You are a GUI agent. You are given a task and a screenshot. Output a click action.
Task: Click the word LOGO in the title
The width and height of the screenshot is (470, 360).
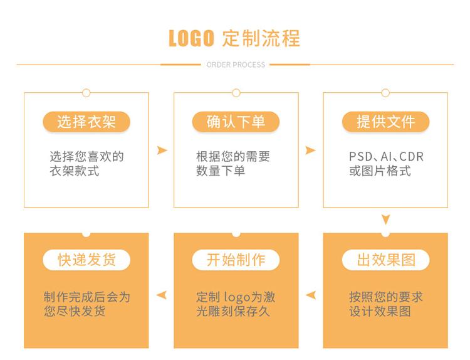coord(192,38)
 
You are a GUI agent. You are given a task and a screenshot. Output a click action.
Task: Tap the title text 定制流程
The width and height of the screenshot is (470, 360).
coord(261,38)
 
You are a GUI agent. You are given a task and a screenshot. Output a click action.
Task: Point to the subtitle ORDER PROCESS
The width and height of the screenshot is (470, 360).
coord(236,65)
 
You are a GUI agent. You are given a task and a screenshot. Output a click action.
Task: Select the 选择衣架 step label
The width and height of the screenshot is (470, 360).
coord(86,122)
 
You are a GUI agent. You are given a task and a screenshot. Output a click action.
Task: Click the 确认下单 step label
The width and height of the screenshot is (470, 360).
coord(236,122)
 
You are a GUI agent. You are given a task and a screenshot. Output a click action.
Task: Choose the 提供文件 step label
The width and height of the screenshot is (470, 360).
coord(385,122)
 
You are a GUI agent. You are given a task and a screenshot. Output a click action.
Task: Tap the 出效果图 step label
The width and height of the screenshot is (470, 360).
coord(385,260)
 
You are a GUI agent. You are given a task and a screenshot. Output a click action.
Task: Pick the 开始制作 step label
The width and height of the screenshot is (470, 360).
coord(236,260)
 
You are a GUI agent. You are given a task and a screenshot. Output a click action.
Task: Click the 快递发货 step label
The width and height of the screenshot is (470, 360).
coord(86,260)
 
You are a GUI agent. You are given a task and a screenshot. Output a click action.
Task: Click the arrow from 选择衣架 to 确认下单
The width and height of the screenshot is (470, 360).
coord(162,151)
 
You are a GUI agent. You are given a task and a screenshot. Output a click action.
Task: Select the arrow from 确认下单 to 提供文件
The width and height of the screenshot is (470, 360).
coord(310,151)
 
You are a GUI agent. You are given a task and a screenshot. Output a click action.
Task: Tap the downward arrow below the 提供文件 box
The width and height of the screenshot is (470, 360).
coord(386,220)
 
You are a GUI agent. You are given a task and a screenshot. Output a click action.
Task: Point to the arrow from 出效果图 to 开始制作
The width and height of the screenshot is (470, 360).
coord(310,295)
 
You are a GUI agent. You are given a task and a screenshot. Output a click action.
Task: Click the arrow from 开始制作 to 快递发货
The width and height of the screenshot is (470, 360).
coord(162,295)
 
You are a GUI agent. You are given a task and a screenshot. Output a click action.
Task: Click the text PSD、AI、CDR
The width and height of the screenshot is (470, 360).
coord(386,157)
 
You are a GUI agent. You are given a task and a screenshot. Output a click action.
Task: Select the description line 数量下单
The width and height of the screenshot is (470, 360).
coord(221,171)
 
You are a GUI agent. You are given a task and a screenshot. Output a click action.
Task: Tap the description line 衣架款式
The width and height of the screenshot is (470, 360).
coord(75,171)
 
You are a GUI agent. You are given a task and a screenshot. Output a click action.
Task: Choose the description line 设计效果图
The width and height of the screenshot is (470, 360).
coord(380,311)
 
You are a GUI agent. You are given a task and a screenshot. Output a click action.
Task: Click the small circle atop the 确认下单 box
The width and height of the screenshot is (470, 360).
coord(236,93)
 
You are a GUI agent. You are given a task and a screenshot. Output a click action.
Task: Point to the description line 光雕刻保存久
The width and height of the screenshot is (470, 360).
coord(232,311)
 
